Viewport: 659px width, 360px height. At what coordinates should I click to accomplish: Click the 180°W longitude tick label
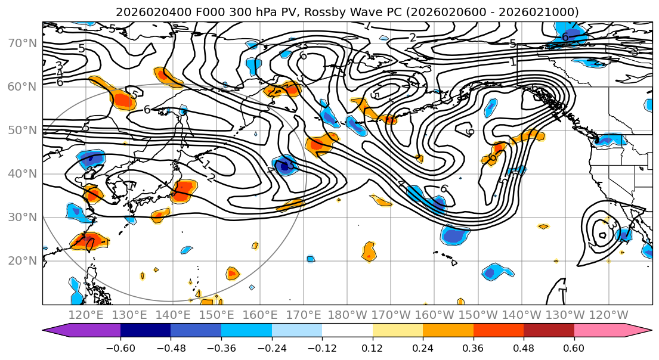[x=348, y=315]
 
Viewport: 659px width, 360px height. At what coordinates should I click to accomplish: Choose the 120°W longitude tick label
[x=609, y=315]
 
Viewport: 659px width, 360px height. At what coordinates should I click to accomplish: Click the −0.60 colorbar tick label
[x=120, y=347]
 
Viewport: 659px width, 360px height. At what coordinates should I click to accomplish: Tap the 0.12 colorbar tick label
[x=373, y=347]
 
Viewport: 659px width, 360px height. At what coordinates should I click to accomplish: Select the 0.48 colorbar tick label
[x=524, y=347]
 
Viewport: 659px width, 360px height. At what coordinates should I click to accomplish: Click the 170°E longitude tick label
[x=305, y=315]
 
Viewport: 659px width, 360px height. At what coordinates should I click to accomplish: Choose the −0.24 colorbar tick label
[x=271, y=347]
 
